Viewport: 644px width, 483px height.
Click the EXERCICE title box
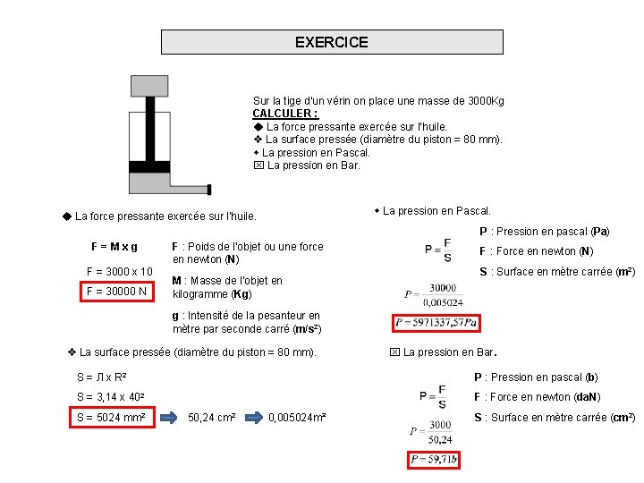pyautogui.click(x=332, y=42)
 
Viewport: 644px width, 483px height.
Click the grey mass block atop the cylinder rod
pyautogui.click(x=149, y=86)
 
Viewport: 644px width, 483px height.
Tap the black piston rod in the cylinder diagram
pyautogui.click(x=149, y=134)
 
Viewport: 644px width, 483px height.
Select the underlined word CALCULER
pyautogui.click(x=284, y=114)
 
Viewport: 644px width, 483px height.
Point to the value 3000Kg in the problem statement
pyautogui.click(x=483, y=101)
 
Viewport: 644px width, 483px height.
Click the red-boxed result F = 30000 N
pyautogui.click(x=117, y=291)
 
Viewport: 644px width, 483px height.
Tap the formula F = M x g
pyautogui.click(x=114, y=246)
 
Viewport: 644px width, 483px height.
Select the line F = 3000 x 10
pyautogui.click(x=119, y=271)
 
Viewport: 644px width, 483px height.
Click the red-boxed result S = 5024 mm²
pyautogui.click(x=111, y=418)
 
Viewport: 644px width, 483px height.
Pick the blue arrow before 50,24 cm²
pyautogui.click(x=170, y=418)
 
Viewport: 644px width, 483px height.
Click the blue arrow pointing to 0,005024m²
pyautogui.click(x=257, y=418)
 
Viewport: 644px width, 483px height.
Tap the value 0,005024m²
pyautogui.click(x=297, y=418)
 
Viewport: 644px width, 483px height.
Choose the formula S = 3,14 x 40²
pyautogui.click(x=112, y=397)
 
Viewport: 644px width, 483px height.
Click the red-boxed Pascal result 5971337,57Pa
pyautogui.click(x=436, y=322)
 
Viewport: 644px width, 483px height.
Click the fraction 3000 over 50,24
pyautogui.click(x=439, y=432)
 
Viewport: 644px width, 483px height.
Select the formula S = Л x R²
pyautogui.click(x=102, y=377)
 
